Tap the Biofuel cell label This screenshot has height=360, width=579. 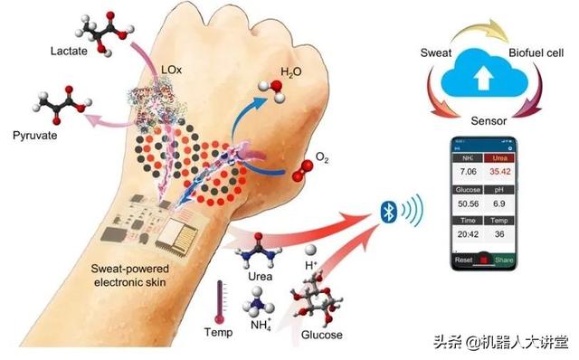[x=537, y=52]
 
